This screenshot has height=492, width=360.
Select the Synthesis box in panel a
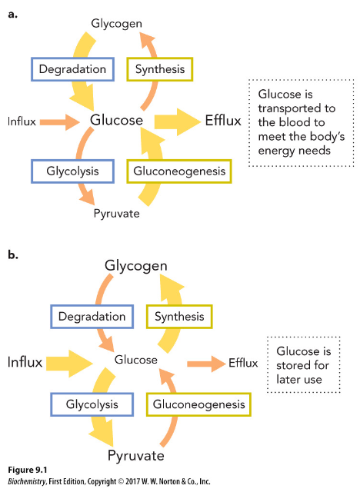[x=160, y=69]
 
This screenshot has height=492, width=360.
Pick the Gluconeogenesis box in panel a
[x=178, y=171]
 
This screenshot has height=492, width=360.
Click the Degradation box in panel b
[x=92, y=317]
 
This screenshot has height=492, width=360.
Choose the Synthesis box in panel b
[x=179, y=317]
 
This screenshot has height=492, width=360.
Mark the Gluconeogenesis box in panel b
[x=198, y=404]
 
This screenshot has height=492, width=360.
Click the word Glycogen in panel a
[x=116, y=23]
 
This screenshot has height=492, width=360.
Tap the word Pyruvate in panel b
[x=136, y=456]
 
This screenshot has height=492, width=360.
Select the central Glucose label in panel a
[x=116, y=121]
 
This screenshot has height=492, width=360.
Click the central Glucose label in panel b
[x=135, y=360]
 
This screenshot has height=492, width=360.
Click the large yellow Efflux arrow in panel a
[x=176, y=121]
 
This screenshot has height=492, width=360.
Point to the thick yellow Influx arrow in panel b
[x=69, y=361]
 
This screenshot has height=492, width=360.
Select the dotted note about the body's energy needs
[x=292, y=121]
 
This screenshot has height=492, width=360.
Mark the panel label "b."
[x=14, y=254]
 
